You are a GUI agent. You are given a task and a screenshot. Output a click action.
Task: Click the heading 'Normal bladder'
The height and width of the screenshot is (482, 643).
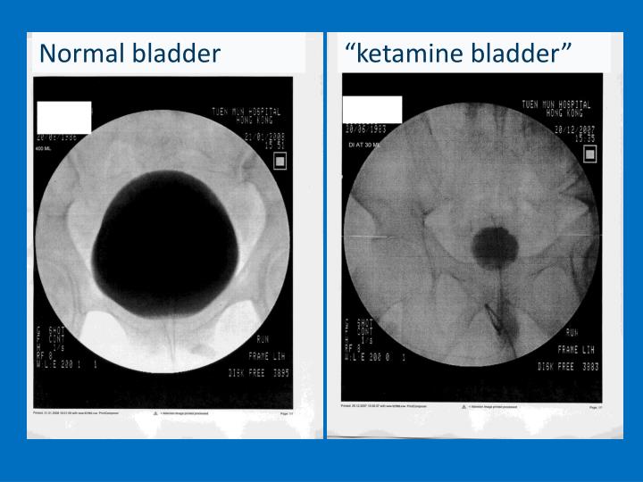(129, 54)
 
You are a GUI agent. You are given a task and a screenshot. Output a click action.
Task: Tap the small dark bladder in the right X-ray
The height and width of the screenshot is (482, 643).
(489, 242)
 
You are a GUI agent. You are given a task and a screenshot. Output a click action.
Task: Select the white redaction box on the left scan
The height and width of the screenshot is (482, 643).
(63, 116)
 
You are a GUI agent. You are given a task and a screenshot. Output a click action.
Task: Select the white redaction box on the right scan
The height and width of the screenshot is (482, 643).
(372, 109)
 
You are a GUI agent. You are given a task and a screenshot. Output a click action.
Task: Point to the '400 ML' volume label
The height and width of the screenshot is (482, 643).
(45, 148)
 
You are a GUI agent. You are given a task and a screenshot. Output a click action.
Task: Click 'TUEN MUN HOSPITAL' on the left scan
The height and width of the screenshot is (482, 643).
(246, 112)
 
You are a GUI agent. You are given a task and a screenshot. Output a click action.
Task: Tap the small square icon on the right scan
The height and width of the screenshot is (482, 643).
(589, 154)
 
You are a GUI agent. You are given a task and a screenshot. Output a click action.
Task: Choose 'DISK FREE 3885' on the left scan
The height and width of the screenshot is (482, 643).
(259, 373)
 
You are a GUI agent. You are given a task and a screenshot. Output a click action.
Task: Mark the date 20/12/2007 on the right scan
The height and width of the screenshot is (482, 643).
(577, 128)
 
